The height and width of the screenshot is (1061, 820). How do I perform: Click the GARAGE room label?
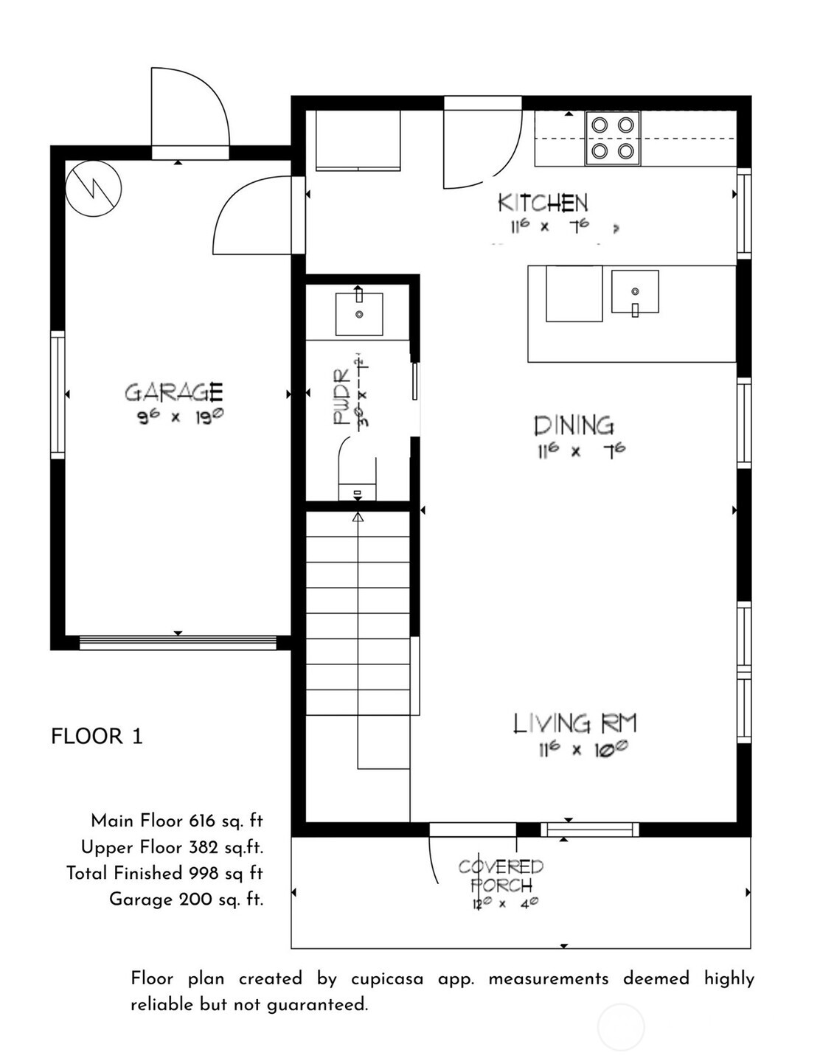click(173, 392)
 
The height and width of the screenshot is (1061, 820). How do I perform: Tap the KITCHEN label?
click(543, 203)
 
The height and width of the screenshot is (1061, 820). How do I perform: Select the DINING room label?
click(574, 425)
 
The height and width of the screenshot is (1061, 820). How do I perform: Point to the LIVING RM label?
click(574, 723)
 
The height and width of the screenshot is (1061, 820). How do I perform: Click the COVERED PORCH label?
click(501, 876)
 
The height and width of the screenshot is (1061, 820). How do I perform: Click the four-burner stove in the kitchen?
click(613, 138)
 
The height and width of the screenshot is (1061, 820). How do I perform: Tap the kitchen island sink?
click(635, 292)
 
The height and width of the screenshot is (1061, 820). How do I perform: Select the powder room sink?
click(359, 313)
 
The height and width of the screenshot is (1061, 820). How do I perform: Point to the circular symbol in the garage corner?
click(93, 188)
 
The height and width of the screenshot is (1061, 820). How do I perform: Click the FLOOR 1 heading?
click(97, 736)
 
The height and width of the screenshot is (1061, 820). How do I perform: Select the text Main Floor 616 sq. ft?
click(176, 821)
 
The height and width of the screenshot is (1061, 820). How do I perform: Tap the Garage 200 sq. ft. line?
click(186, 899)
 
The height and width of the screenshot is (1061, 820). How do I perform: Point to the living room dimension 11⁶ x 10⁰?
click(583, 750)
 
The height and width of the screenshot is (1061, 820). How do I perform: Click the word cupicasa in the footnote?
click(387, 978)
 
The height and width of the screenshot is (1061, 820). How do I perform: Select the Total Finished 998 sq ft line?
click(164, 873)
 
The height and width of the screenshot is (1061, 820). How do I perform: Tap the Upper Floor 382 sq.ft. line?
click(172, 847)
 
